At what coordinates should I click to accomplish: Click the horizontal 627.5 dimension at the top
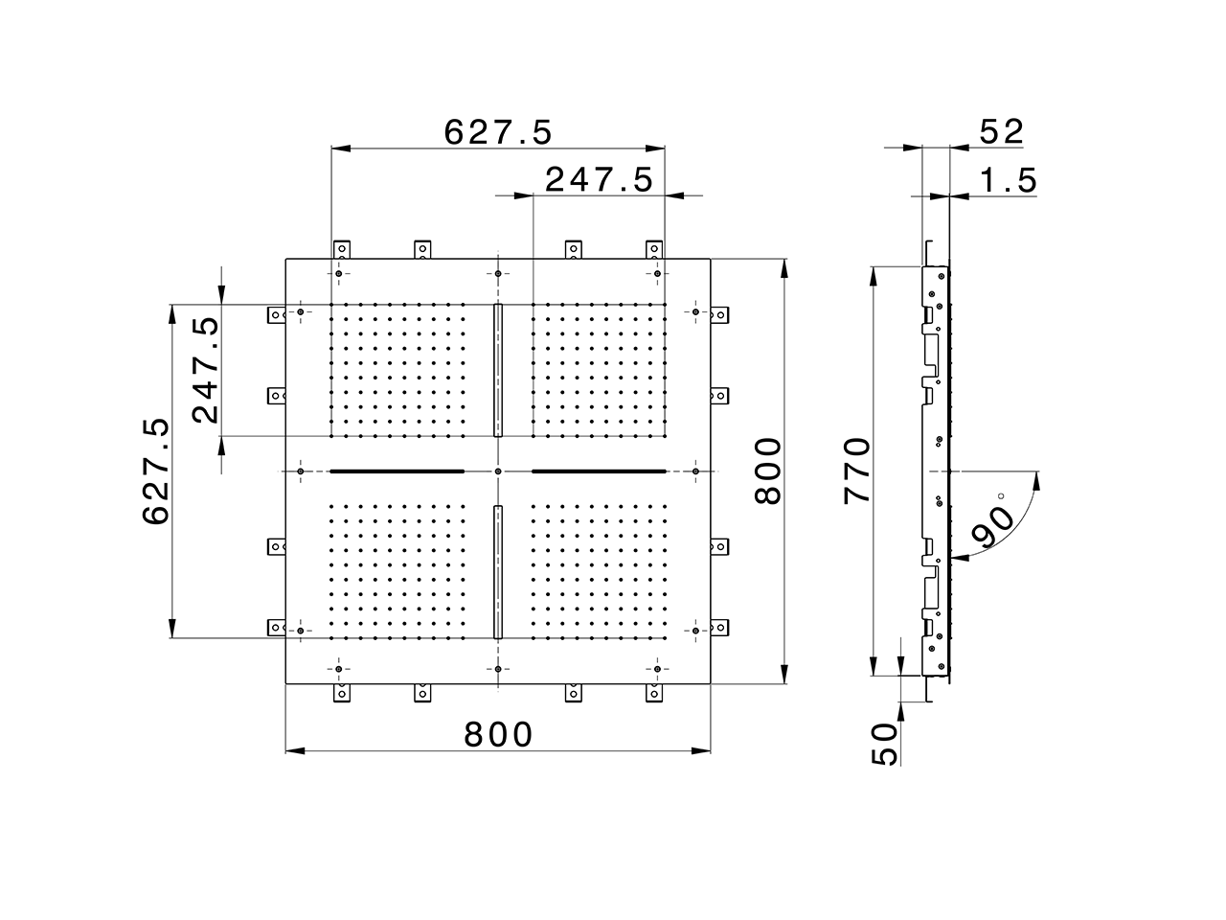[498, 132]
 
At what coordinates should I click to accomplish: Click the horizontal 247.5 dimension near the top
[599, 179]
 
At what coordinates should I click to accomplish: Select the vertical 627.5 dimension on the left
[156, 471]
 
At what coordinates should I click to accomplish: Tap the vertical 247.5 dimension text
[205, 370]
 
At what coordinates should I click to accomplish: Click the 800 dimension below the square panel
[498, 735]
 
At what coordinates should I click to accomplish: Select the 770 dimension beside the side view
[856, 471]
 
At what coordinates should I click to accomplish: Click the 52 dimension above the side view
[1002, 132]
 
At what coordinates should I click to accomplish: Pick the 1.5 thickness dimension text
[1009, 180]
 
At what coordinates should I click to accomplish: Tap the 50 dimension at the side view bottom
[886, 744]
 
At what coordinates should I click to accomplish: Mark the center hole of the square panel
[498, 471]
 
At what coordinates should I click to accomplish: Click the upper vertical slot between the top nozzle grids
[498, 370]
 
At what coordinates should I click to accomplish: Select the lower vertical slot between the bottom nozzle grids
[498, 571]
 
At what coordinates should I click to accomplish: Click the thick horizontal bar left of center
[397, 471]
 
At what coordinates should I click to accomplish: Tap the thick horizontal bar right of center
[599, 471]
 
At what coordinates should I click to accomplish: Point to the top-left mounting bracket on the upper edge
[341, 250]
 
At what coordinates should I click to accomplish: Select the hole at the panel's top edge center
[498, 274]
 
